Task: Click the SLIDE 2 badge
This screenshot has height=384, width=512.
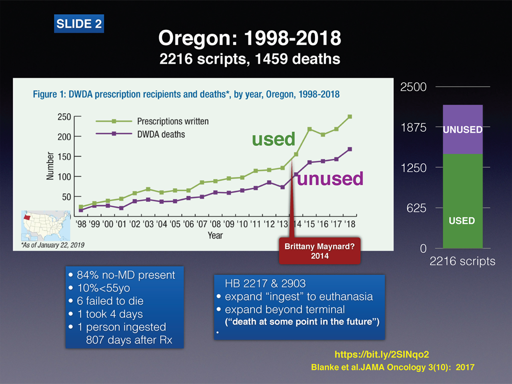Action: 79,24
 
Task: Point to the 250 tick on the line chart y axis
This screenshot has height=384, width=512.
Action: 65,117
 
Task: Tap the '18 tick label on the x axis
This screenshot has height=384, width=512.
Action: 350,224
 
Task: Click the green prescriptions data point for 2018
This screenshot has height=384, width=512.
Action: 350,117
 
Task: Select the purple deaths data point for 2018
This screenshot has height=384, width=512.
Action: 350,149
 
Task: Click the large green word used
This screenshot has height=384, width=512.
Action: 273,139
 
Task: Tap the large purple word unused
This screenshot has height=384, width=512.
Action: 330,179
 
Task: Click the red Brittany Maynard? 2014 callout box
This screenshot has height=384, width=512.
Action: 319,251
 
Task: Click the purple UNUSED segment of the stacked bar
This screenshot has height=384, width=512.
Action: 463,130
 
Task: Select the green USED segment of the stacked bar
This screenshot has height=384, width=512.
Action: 463,201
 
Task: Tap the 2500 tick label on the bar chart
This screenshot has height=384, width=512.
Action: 414,87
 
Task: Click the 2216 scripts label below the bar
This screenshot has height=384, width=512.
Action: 463,262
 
